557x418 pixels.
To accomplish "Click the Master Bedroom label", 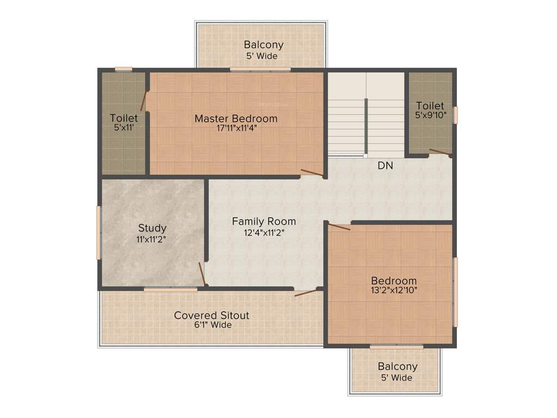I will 236,118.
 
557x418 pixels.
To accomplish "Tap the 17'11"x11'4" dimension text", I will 236,129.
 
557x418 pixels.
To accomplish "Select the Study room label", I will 152,228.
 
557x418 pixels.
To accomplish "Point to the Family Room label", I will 264,222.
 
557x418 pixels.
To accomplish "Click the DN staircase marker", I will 385,165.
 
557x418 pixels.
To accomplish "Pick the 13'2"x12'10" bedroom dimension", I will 391,290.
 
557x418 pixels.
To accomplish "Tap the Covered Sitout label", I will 212,315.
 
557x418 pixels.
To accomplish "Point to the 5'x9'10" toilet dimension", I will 430,115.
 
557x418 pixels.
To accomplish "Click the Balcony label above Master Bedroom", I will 263,45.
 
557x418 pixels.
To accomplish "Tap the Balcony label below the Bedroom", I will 398,367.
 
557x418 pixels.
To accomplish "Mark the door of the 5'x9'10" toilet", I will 440,152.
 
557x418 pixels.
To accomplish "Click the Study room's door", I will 202,274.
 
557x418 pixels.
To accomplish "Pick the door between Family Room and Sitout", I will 306,293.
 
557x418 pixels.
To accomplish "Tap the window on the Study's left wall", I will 98,232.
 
